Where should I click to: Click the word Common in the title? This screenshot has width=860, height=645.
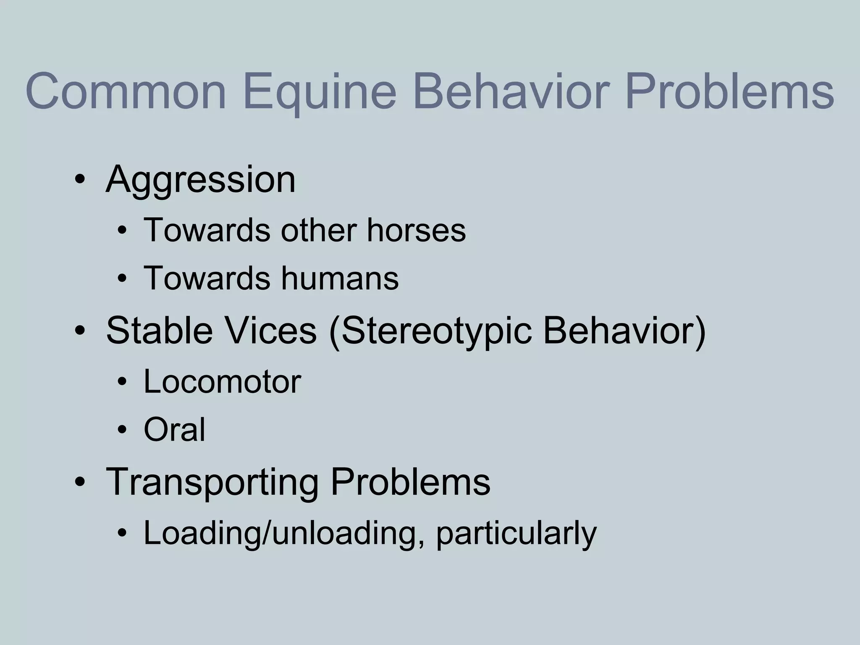[126, 92]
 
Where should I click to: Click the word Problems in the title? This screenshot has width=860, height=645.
[729, 92]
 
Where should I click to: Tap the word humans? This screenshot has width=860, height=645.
[340, 278]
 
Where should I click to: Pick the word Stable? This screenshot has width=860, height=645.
[159, 330]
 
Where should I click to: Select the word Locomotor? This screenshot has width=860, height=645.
[222, 382]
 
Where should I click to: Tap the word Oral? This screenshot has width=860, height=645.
[174, 430]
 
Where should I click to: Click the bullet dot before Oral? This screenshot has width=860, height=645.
[122, 430]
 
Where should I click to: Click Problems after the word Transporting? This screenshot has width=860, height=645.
[410, 482]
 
